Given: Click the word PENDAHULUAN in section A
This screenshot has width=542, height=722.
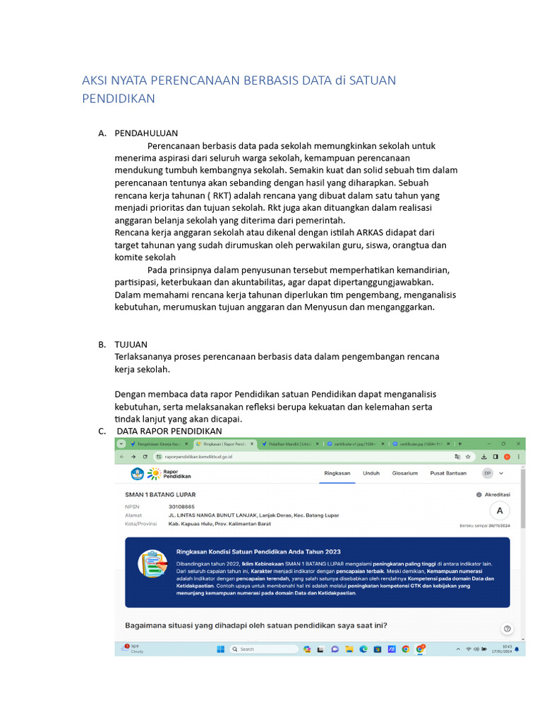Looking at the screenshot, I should click(146, 133).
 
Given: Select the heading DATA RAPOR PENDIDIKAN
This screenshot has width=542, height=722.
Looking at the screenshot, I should click(169, 431).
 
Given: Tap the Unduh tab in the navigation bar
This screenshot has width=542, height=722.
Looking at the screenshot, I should click(371, 473).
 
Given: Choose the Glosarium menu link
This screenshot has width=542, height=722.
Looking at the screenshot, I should click(405, 473).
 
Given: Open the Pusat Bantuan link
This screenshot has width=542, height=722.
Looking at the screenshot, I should click(448, 473).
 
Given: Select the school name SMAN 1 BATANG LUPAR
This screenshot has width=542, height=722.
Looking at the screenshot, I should click(160, 495).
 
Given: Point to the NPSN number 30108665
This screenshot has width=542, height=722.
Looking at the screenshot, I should click(181, 506).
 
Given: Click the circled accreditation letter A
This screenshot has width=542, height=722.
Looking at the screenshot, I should click(500, 510).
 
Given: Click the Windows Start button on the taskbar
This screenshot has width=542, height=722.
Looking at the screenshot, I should click(219, 649).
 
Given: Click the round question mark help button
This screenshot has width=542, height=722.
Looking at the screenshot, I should click(507, 628).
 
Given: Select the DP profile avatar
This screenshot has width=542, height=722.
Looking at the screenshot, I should click(487, 473).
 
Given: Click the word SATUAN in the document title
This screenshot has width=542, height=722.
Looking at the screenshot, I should click(373, 80).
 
